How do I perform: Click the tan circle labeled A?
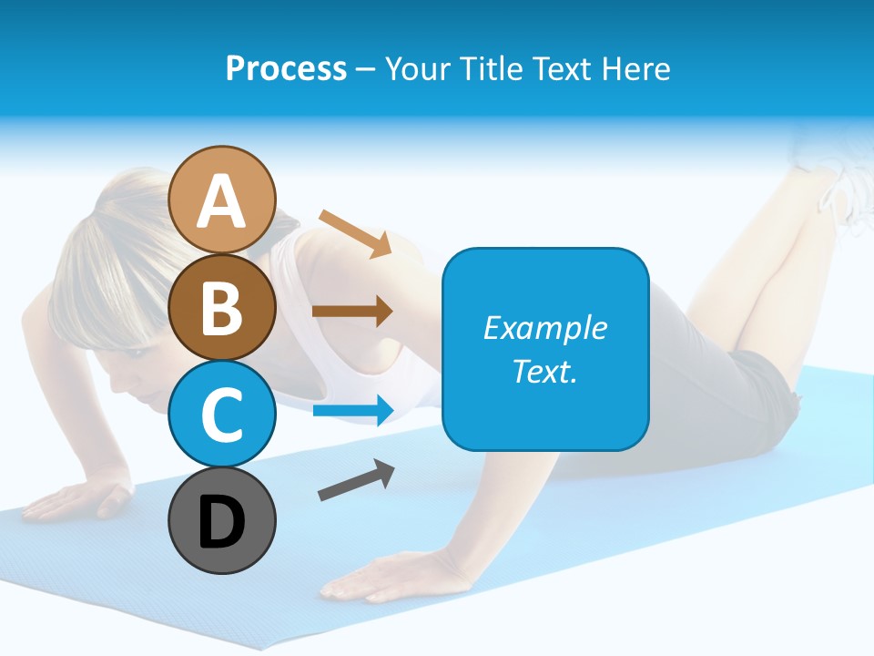tap(222, 200)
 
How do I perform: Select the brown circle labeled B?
tap(222, 307)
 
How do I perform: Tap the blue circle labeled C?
tap(222, 415)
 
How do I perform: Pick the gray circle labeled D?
tap(222, 521)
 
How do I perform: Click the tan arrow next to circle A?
tap(356, 233)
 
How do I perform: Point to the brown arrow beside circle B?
tap(352, 312)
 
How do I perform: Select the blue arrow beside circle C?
tap(353, 410)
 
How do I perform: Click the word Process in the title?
tap(286, 68)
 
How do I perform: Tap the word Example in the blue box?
tap(544, 328)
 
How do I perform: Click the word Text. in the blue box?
tap(544, 372)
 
